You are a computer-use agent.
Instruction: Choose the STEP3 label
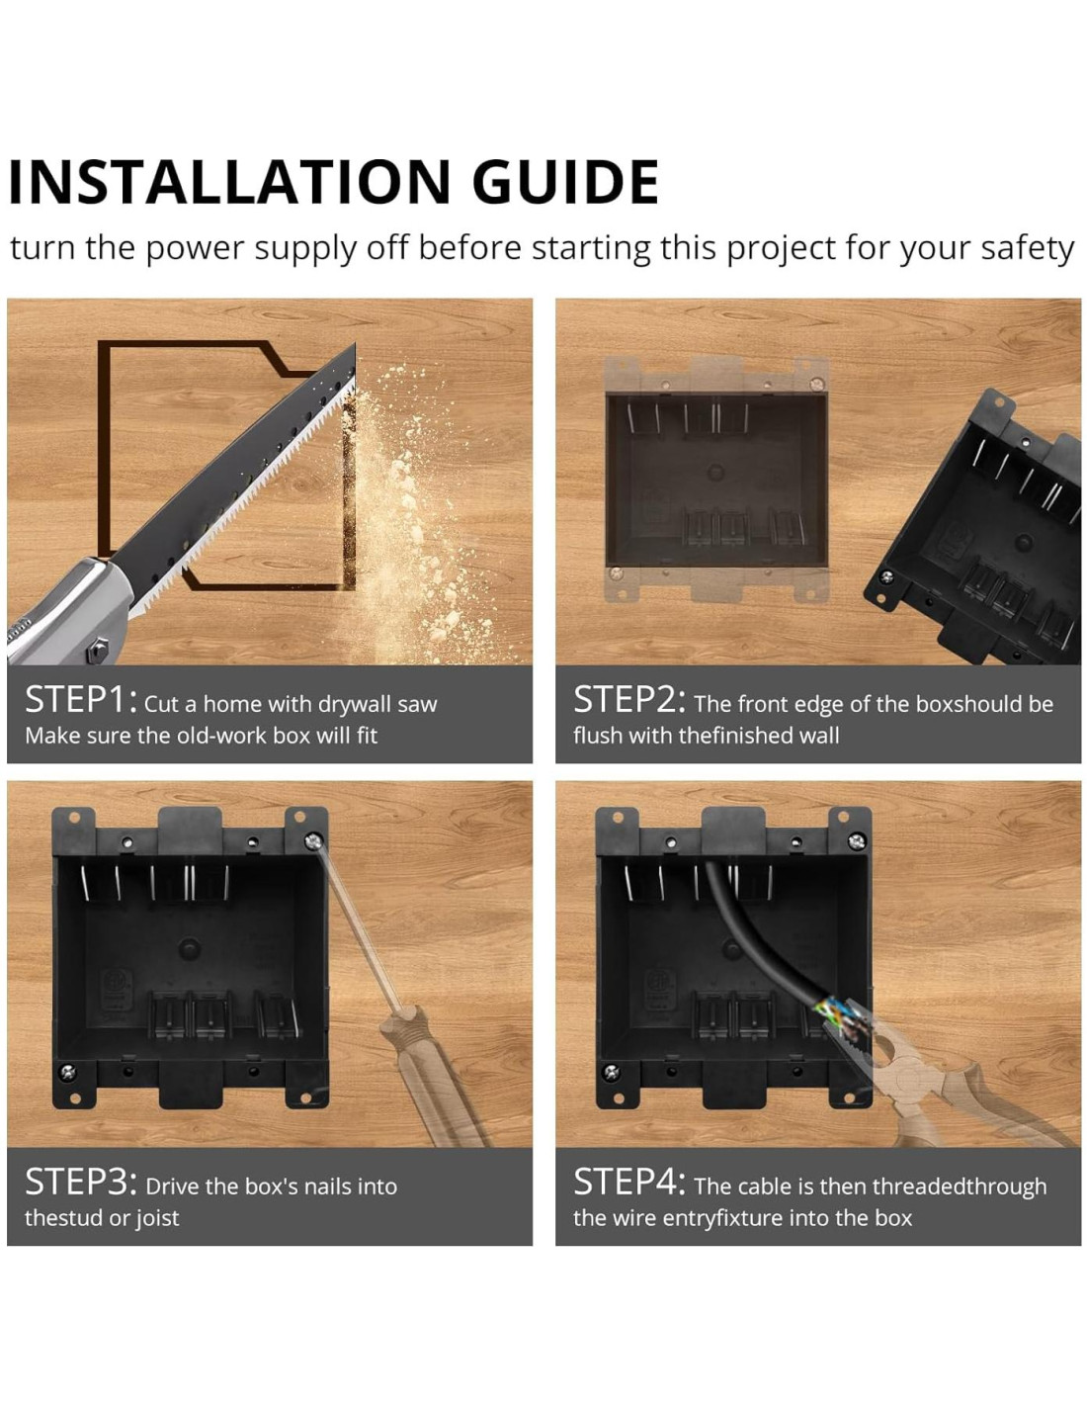tap(80, 1182)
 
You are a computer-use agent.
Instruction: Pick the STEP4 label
tap(628, 1182)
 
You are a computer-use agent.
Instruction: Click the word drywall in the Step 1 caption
tap(354, 704)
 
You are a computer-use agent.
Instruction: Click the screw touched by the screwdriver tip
tap(313, 841)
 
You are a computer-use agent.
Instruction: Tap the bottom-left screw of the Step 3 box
tap(67, 1072)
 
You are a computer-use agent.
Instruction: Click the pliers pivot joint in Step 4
tap(910, 1076)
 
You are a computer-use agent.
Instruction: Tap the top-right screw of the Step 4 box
tap(857, 841)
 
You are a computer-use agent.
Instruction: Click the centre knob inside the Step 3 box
tap(189, 947)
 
